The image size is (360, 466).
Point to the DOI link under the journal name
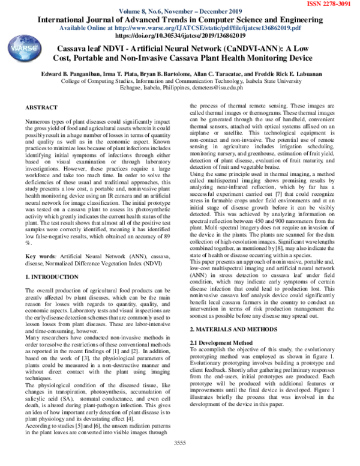point(181,36)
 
